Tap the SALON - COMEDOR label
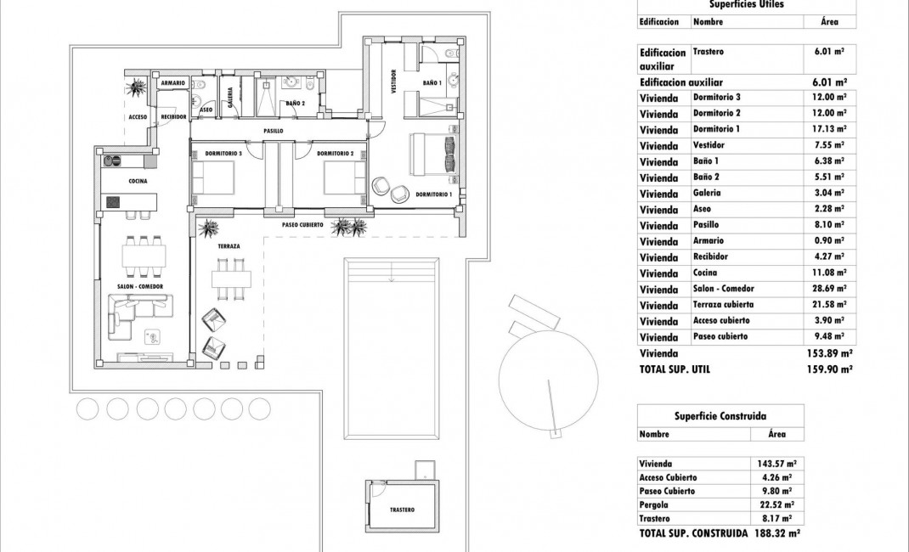(140, 287)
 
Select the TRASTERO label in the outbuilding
(402, 510)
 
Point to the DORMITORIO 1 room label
(433, 194)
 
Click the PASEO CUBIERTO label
(302, 225)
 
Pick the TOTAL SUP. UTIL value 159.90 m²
(828, 369)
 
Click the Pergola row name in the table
(655, 504)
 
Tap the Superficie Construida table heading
(720, 416)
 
